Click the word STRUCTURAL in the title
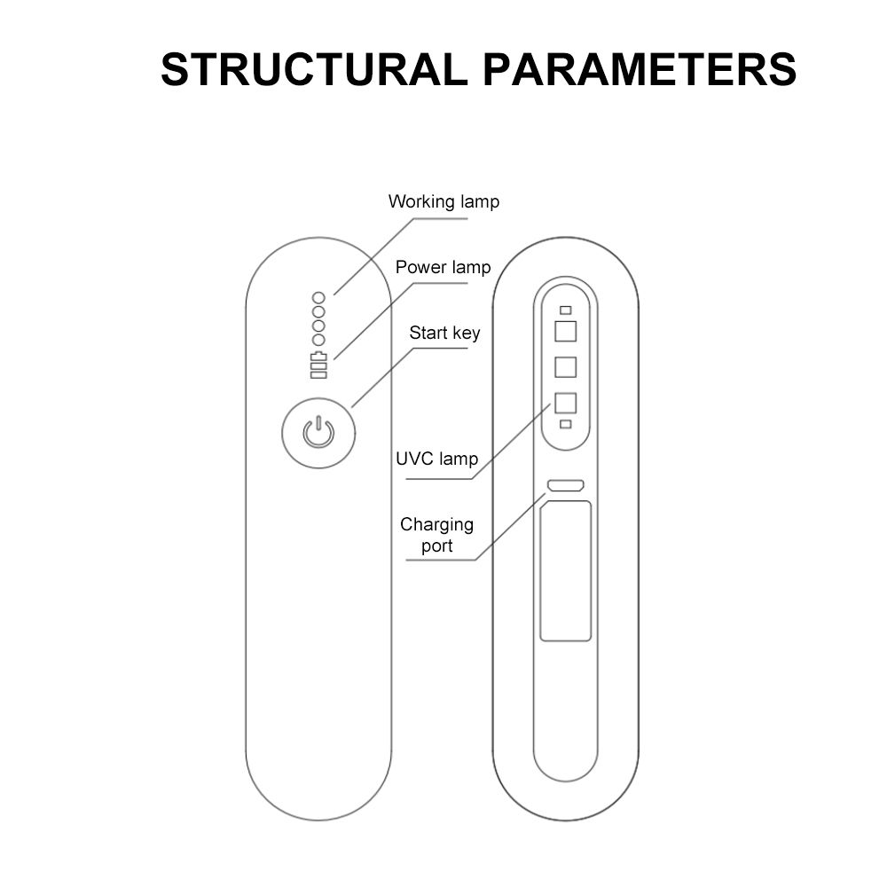pyautogui.click(x=313, y=69)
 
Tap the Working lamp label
pyautogui.click(x=443, y=201)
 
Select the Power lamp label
pyautogui.click(x=443, y=267)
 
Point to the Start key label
pyautogui.click(x=444, y=333)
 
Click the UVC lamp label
pyautogui.click(x=436, y=459)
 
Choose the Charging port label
pyautogui.click(x=436, y=535)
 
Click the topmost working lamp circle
pyautogui.click(x=318, y=297)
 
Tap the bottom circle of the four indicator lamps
pyautogui.click(x=318, y=340)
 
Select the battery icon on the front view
pyautogui.click(x=318, y=365)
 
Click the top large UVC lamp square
pyautogui.click(x=565, y=332)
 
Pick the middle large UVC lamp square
pyautogui.click(x=565, y=366)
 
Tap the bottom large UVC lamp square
pyautogui.click(x=565, y=402)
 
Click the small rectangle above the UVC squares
pyautogui.click(x=565, y=311)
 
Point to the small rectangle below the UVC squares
pyautogui.click(x=565, y=424)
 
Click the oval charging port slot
pyautogui.click(x=565, y=485)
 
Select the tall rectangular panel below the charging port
pyautogui.click(x=565, y=570)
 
